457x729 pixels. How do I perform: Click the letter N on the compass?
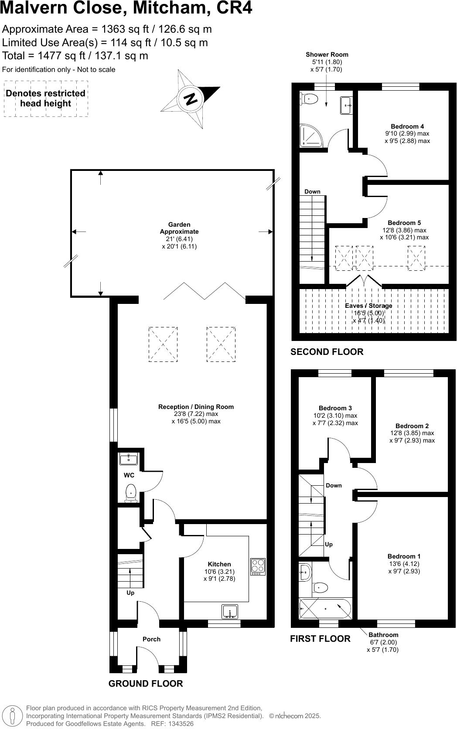click(x=191, y=99)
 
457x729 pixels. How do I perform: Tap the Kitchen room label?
click(x=219, y=564)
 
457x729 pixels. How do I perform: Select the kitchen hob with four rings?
click(x=258, y=566)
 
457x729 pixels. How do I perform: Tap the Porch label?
click(x=151, y=639)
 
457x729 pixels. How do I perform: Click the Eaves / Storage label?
click(x=368, y=306)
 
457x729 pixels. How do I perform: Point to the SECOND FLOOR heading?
click(x=327, y=352)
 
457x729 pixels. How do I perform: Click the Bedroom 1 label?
click(x=404, y=556)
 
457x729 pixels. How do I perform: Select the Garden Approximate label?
click(x=179, y=228)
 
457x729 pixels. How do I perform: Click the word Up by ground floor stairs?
click(x=130, y=593)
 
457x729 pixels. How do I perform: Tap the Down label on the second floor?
click(x=312, y=192)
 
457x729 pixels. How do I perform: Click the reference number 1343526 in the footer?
click(x=178, y=724)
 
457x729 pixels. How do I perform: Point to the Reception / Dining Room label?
click(x=196, y=407)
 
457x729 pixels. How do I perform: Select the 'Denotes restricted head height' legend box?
click(x=46, y=99)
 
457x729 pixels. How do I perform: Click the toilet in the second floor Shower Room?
click(x=308, y=99)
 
